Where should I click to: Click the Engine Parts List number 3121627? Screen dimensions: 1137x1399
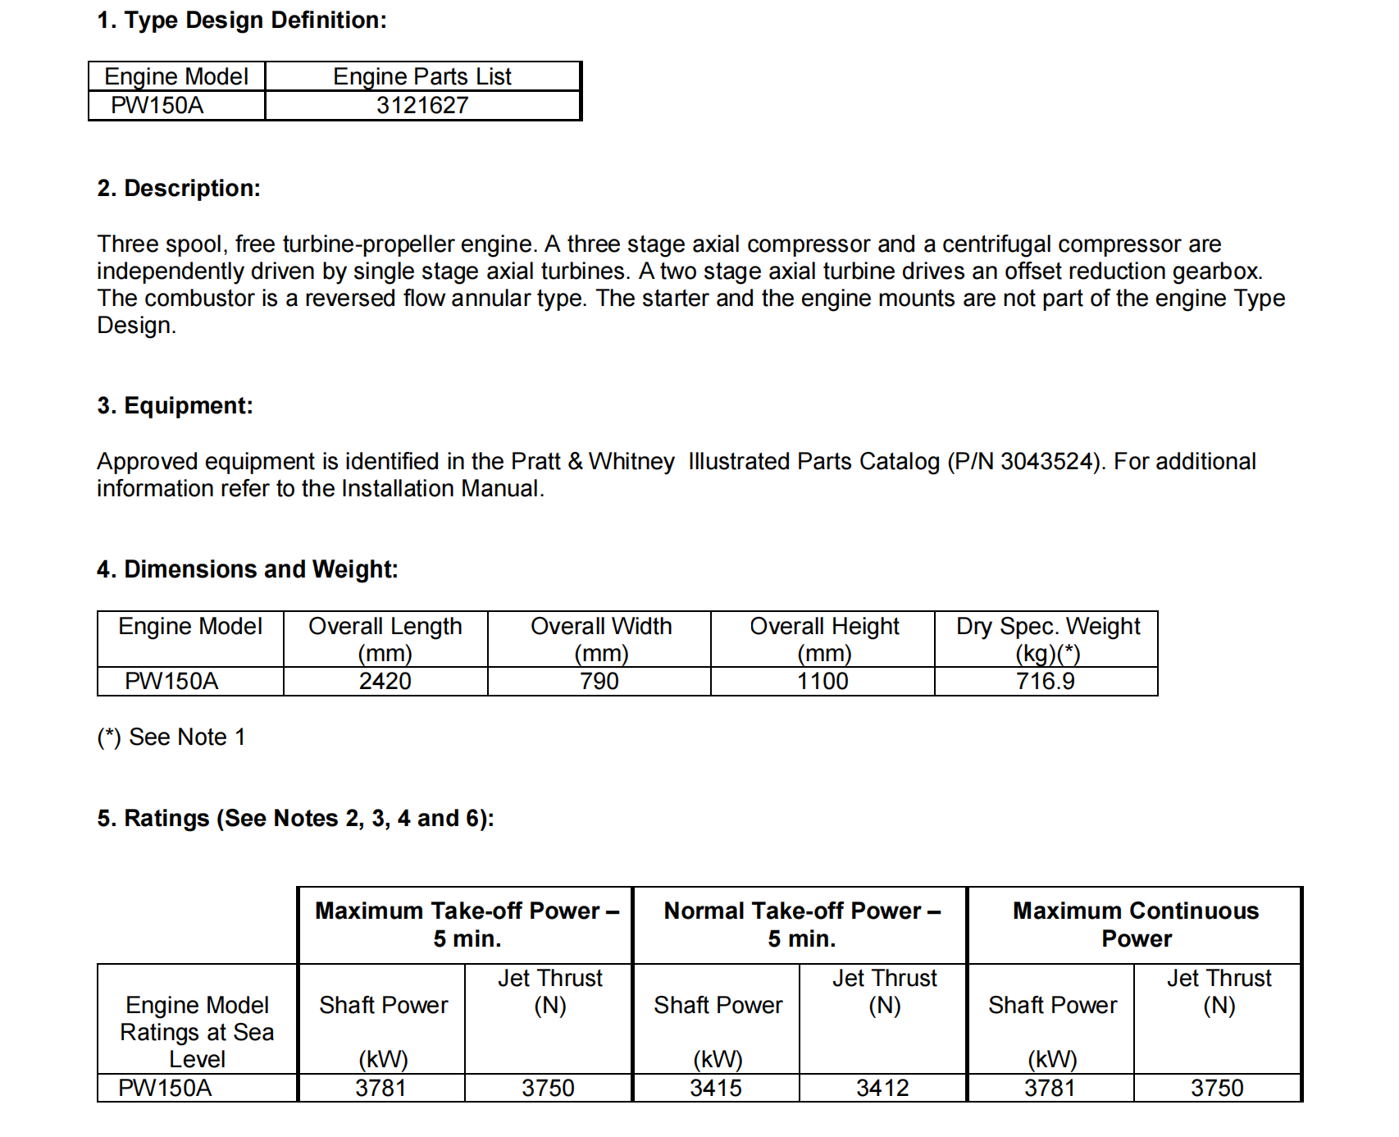(x=422, y=106)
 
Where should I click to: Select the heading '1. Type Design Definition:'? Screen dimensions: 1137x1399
(x=242, y=21)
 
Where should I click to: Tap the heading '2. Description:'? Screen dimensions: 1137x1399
(x=179, y=189)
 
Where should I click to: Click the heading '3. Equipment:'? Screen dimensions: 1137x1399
(x=175, y=406)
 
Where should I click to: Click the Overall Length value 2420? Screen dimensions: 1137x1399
(x=385, y=682)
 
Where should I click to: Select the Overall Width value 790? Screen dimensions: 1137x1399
(x=599, y=682)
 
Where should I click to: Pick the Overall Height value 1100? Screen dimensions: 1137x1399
(x=823, y=682)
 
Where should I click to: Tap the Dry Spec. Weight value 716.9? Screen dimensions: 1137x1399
(x=1046, y=682)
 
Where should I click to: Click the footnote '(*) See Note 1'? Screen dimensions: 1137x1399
(x=171, y=737)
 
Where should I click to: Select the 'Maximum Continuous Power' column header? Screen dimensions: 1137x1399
(x=1136, y=925)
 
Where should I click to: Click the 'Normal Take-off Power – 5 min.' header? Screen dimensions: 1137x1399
(x=802, y=925)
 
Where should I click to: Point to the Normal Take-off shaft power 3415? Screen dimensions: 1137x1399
(x=716, y=1089)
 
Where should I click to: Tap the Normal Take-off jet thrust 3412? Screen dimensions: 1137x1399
(x=883, y=1089)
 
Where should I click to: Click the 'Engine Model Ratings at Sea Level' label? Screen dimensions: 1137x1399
(x=197, y=1032)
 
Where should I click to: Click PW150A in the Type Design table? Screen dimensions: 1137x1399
(x=157, y=106)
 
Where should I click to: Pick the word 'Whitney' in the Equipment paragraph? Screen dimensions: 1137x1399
(x=631, y=462)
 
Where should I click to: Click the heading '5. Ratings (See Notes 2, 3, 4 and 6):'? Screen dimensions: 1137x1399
(x=295, y=819)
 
